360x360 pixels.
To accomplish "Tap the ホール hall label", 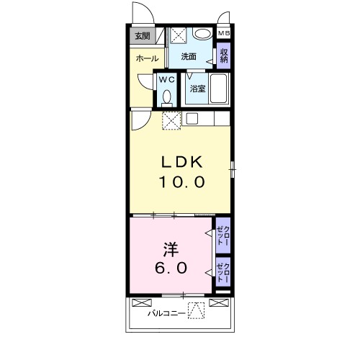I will pos(147,59).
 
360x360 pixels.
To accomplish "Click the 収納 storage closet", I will pos(224,55).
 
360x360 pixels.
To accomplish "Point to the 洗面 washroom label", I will pos(189,56).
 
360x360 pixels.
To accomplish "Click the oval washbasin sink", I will pos(203,34).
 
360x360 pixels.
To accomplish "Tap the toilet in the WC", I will pos(167,96).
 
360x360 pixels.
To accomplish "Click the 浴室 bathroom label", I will pos(197,89).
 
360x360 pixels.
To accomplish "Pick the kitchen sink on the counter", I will pos(192,119).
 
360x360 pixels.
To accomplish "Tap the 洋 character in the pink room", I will pos(171,248).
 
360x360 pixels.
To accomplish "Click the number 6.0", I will pos(171,269).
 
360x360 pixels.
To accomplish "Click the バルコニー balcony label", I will pos(165,313).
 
